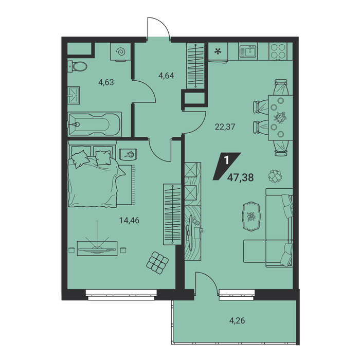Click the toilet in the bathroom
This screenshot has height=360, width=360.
click(77, 66)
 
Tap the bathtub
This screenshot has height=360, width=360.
click(94, 124)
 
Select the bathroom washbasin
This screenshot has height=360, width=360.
click(74, 95)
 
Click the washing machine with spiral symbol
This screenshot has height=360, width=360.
click(120, 51)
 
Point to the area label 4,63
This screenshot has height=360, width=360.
click(106, 82)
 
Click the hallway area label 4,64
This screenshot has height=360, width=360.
click(166, 75)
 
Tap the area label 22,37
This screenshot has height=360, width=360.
click(225, 127)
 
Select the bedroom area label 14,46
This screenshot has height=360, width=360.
click(129, 221)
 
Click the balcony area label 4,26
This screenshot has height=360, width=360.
click(237, 320)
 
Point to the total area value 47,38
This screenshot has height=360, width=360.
click(241, 177)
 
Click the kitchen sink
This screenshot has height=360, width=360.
click(248, 51)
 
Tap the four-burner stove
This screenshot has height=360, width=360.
click(278, 51)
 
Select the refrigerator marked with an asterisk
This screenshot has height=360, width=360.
click(218, 52)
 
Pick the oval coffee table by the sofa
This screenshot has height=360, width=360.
click(251, 217)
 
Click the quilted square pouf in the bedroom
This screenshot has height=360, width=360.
click(157, 262)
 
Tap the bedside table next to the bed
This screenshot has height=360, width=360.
click(129, 154)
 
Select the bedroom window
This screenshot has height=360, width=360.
click(121, 295)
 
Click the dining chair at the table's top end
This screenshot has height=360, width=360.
click(281, 87)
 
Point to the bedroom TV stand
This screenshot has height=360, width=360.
click(97, 248)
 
